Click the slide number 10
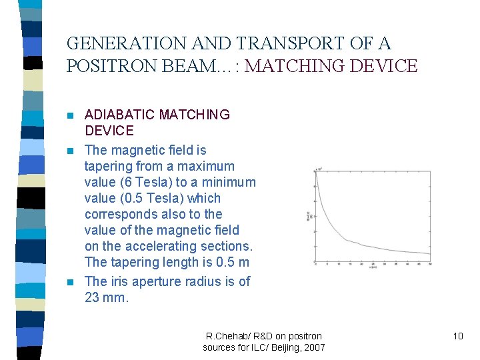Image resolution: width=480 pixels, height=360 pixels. (457, 336)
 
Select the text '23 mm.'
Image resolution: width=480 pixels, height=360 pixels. (106, 297)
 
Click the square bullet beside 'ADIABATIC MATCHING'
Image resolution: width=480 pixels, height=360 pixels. (72, 115)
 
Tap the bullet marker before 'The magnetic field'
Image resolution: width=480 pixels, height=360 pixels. (72, 151)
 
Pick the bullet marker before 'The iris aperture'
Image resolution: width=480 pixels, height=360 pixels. (72, 282)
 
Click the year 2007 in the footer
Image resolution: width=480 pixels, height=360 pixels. (314, 347)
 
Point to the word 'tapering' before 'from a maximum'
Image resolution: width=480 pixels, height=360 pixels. (108, 166)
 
